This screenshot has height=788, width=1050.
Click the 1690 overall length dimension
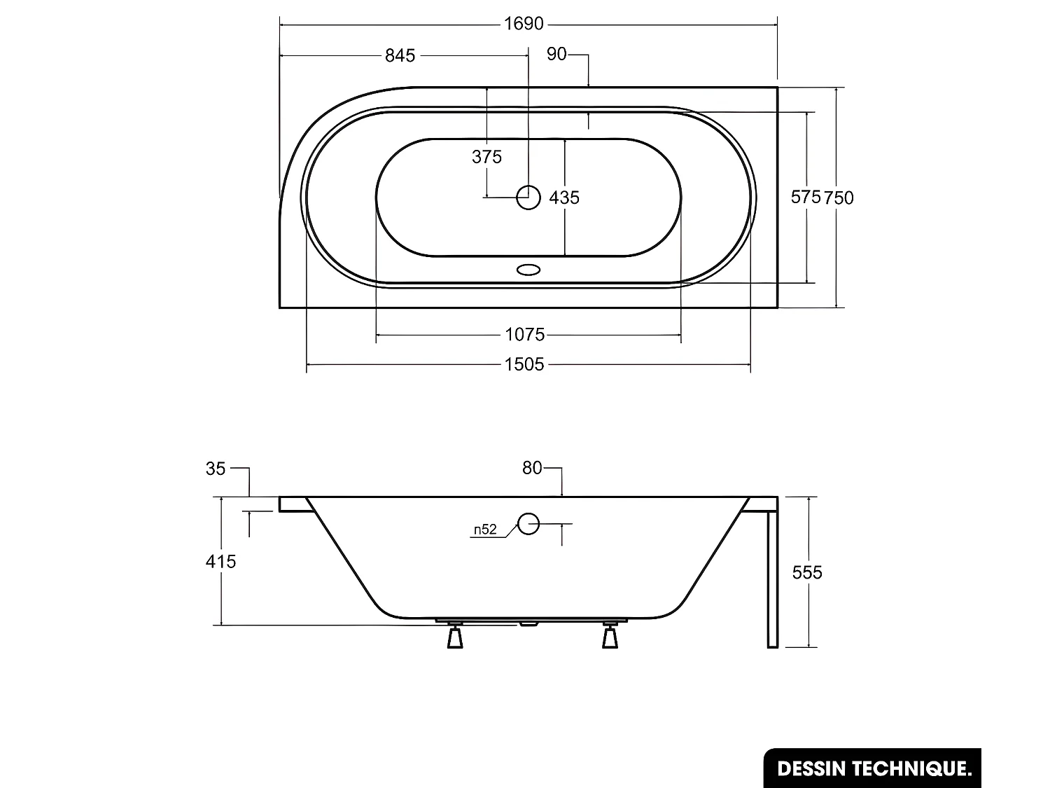click(x=524, y=23)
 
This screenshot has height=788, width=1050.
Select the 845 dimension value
click(x=400, y=56)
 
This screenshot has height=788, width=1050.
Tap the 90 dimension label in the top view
click(x=556, y=54)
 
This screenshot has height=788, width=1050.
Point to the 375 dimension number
click(x=486, y=156)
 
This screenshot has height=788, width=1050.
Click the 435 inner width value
click(x=564, y=198)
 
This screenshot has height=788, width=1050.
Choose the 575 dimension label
click(x=806, y=197)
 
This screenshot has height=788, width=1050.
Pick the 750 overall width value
click(x=839, y=198)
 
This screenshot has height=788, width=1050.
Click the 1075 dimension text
click(x=525, y=334)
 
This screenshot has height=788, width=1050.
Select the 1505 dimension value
click(x=524, y=364)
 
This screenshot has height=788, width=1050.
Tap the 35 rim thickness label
click(x=216, y=469)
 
